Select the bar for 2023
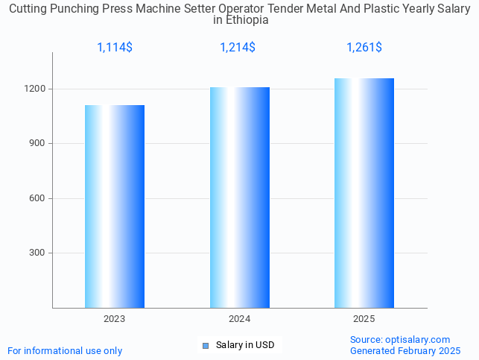coord(114,206)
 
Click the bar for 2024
coord(239,198)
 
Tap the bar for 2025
coord(364,193)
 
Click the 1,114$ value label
coord(115,48)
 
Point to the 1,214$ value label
coord(238,48)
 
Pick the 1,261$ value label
coord(364,48)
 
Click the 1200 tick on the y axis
coord(36,89)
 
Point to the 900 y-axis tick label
coord(38,143)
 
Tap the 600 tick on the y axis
coord(38,198)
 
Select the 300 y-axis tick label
coord(38,253)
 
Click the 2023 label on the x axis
coord(114,319)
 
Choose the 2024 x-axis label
coord(239,319)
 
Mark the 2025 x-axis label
coord(364,319)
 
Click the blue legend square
coord(206,345)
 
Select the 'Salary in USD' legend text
coord(245,345)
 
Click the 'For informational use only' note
coord(65,350)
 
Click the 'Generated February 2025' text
coord(405,350)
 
